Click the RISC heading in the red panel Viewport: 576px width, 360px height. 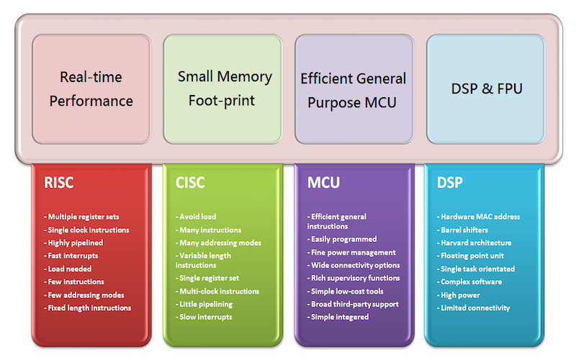pos(59,183)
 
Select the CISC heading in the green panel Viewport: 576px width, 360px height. pos(190,183)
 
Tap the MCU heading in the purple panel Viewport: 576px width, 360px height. pos(323,183)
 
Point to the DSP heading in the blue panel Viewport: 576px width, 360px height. pos(449,183)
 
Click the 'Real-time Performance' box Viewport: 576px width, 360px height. pos(91,89)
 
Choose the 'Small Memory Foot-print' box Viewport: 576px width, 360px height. pos(222,89)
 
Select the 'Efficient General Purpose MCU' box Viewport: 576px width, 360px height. pos(354,89)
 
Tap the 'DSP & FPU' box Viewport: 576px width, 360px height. pos(485,89)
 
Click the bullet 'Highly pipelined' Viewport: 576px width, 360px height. pos(73,243)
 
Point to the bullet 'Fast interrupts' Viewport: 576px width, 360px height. pos(71,256)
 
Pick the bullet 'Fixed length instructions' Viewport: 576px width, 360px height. pos(87,308)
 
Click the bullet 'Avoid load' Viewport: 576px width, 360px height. pos(196,217)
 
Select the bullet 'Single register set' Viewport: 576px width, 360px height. pos(207,278)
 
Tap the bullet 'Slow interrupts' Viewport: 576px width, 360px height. pos(204,317)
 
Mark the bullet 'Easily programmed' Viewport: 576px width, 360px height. pos(342,239)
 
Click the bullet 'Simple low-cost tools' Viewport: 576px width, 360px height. pos(346,292)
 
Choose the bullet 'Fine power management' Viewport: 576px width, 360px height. pos(351,253)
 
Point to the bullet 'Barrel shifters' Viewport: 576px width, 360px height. pos(462,230)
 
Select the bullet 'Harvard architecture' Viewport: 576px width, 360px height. pos(474,243)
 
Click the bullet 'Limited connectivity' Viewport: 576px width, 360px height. pos(474,308)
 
